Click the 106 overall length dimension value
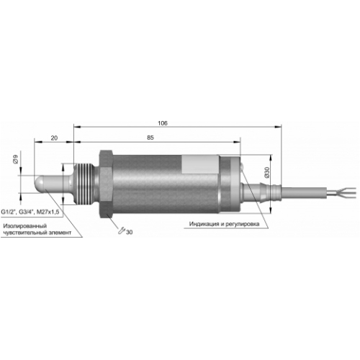[x=163, y=123]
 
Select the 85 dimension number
[x=150, y=138]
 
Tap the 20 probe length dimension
[x=54, y=138]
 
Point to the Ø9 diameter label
[x=16, y=160]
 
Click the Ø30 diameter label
[x=267, y=172]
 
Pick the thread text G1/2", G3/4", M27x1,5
[x=30, y=212]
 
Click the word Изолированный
[x=25, y=226]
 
